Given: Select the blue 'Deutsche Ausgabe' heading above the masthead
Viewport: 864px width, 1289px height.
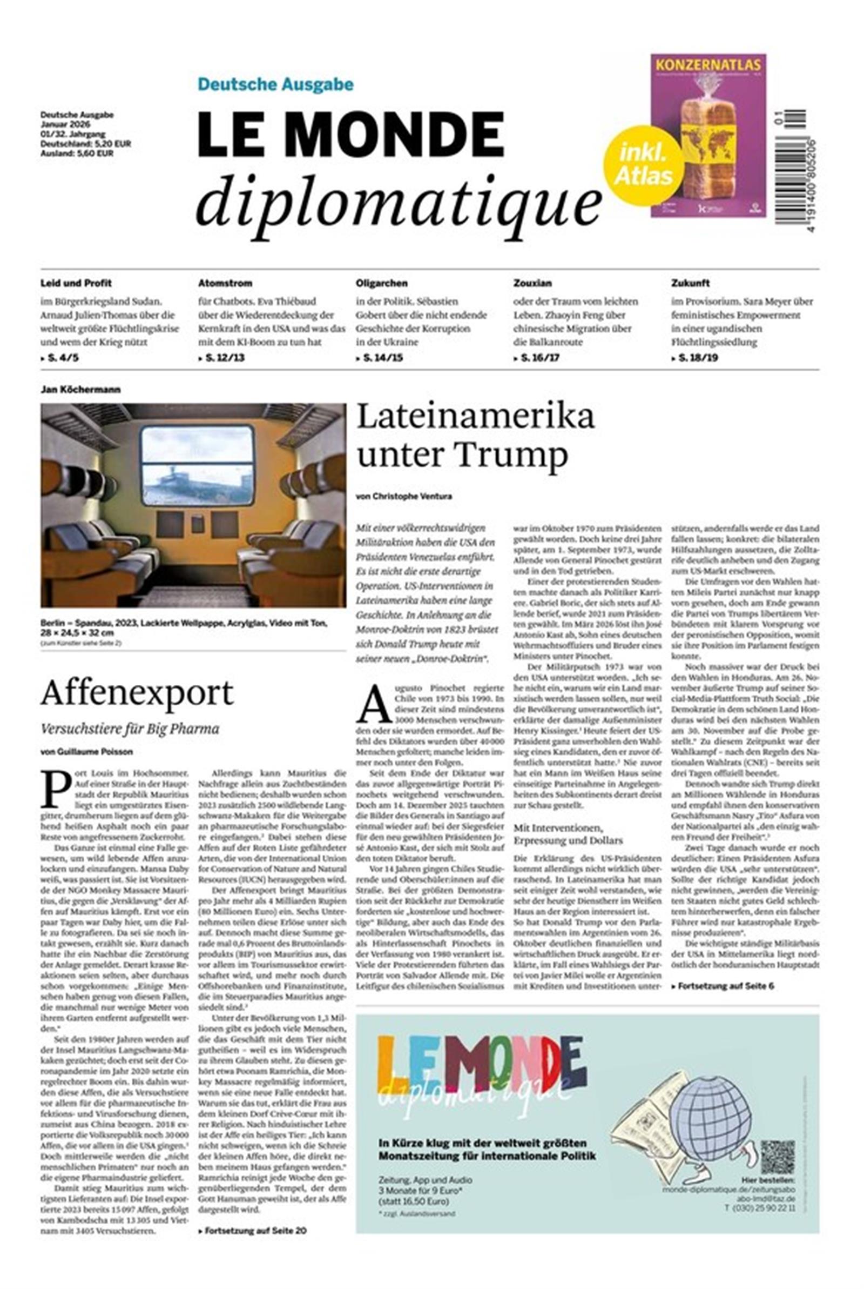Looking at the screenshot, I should (275, 84).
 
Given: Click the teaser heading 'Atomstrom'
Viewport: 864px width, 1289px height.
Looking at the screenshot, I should (225, 283).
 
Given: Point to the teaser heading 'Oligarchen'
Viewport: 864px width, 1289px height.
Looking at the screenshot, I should (381, 283).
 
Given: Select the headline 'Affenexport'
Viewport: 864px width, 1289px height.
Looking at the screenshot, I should (137, 692).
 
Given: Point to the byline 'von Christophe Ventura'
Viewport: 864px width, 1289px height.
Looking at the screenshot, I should (404, 496).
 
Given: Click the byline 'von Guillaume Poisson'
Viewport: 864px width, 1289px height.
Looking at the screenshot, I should (86, 751).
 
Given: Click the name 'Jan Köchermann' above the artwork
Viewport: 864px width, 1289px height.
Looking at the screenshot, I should (80, 390).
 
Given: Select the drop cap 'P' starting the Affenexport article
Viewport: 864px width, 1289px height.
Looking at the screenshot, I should (56, 788).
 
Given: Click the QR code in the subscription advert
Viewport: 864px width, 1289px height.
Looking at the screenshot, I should (778, 1157).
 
